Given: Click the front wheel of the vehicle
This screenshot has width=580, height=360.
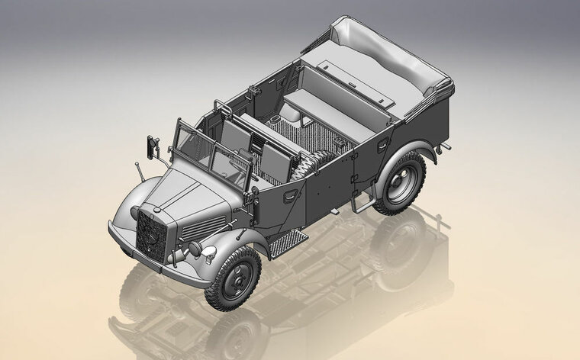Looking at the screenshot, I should tap(233, 276).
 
